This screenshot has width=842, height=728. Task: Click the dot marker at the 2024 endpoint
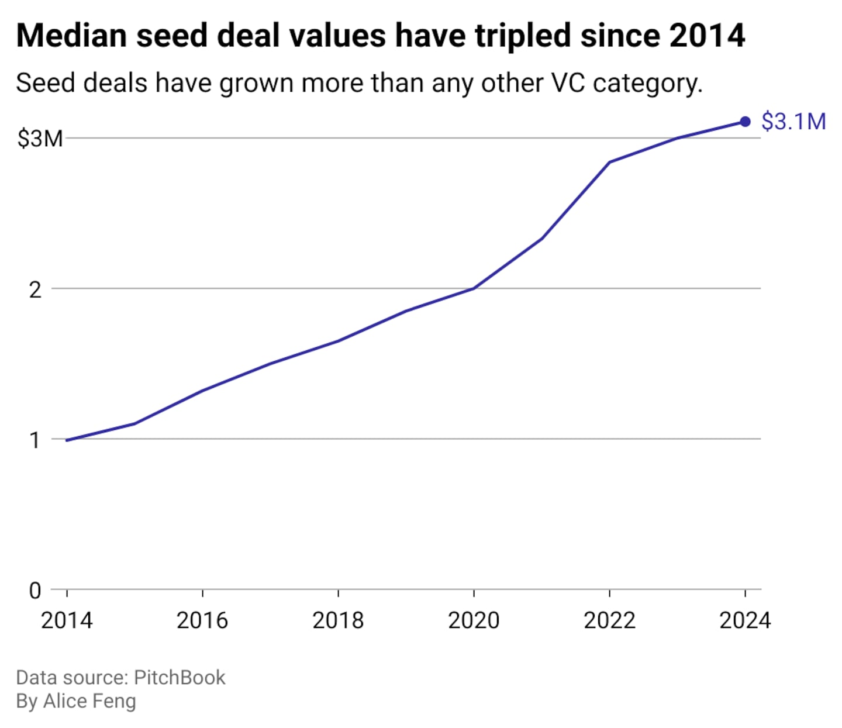tap(745, 122)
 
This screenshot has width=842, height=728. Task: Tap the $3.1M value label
tap(793, 122)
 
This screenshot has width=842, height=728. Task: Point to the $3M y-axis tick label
tap(40, 139)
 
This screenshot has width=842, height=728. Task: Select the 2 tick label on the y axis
tap(36, 289)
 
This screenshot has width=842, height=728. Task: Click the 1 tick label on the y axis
tap(36, 440)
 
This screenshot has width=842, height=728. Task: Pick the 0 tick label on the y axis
tap(36, 591)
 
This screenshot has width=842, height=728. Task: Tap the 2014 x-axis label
tap(67, 620)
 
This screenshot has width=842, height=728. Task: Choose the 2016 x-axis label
tap(202, 620)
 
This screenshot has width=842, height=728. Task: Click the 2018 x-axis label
tap(338, 620)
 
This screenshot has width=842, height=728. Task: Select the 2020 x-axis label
tap(474, 620)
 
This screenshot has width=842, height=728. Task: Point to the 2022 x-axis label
tap(609, 620)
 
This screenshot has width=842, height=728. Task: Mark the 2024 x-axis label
tap(745, 620)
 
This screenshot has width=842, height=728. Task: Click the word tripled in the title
tap(523, 36)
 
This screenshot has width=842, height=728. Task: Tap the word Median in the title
tap(71, 36)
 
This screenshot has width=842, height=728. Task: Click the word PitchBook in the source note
tap(180, 677)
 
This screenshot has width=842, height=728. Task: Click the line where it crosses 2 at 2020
tap(474, 288)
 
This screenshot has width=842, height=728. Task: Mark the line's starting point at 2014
tap(67, 440)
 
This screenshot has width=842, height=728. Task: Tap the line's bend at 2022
tap(609, 162)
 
